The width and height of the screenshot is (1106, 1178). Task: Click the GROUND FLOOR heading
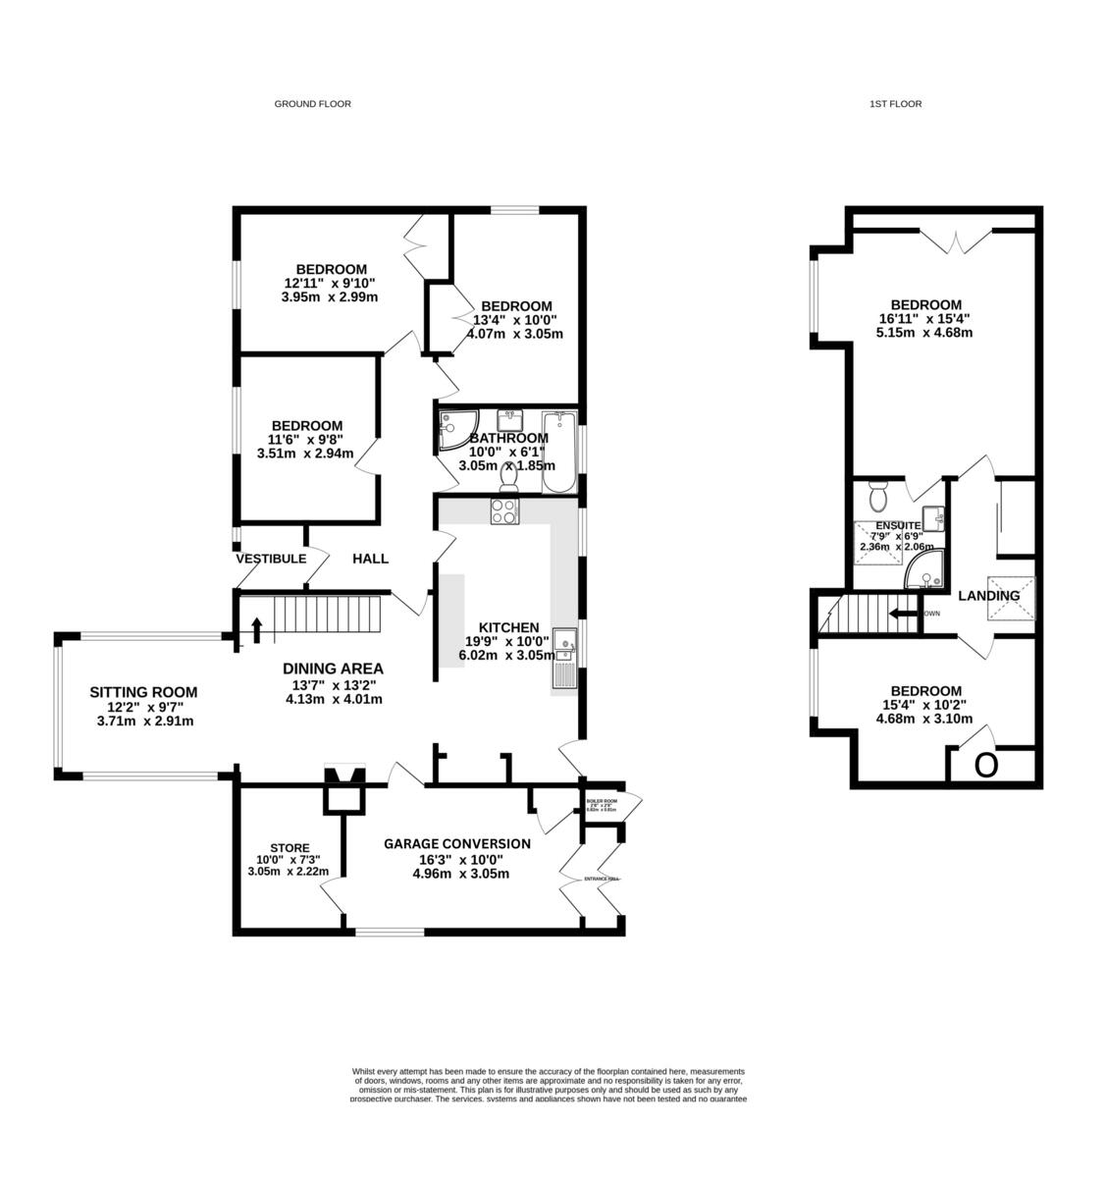[312, 103]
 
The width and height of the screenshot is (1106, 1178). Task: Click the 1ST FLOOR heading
[895, 103]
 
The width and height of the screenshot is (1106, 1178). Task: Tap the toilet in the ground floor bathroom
[508, 477]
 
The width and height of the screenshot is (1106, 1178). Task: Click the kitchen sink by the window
[565, 642]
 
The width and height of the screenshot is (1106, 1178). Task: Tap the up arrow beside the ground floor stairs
[257, 629]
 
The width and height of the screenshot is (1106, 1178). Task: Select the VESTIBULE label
[270, 559]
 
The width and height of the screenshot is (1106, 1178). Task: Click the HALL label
[370, 559]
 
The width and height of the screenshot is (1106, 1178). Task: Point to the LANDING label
[988, 595]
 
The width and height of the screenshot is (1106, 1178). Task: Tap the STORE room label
[290, 848]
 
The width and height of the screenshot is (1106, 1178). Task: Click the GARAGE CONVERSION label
[456, 843]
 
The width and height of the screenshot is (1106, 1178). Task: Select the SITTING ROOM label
[143, 691]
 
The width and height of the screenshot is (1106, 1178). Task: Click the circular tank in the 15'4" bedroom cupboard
[986, 765]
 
